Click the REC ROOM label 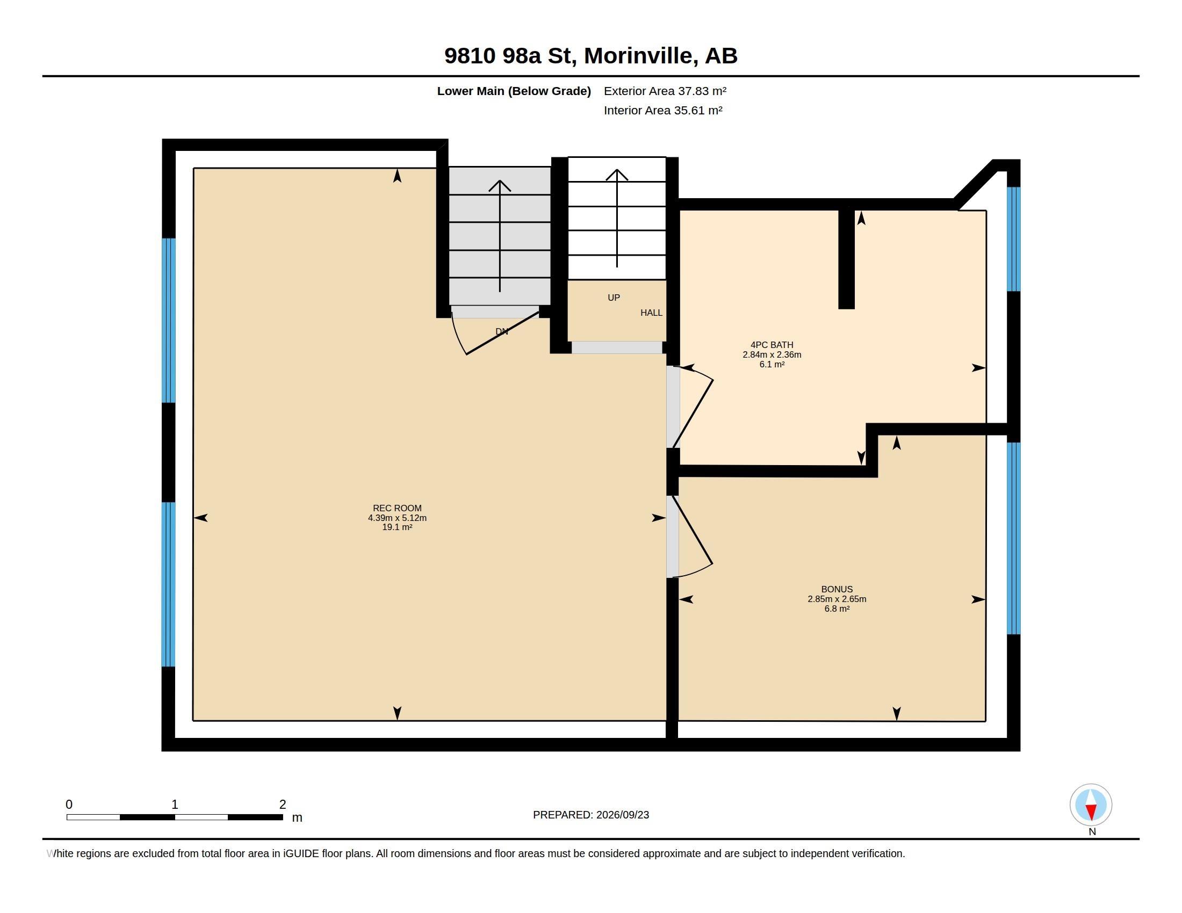click(x=397, y=508)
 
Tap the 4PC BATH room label click(x=772, y=345)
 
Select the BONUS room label click(x=837, y=589)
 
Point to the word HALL click(x=651, y=313)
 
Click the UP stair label click(x=614, y=298)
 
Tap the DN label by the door click(x=502, y=331)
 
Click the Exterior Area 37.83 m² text click(x=665, y=91)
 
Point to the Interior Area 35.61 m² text click(x=663, y=110)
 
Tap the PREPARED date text click(x=591, y=815)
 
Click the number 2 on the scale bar click(x=283, y=805)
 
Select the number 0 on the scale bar click(x=69, y=805)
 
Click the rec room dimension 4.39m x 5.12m click(x=397, y=518)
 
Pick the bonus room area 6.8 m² click(x=837, y=608)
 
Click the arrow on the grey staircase click(x=500, y=236)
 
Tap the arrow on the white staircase click(x=617, y=219)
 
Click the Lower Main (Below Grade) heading click(x=514, y=91)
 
